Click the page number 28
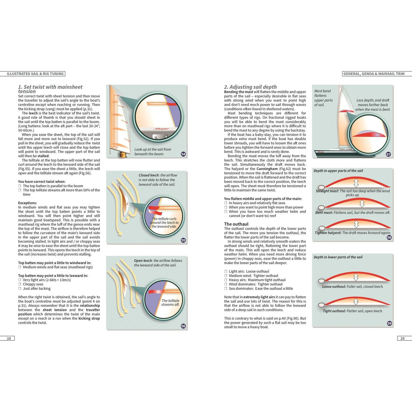coord(9,338)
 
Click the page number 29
coord(402,338)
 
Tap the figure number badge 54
coord(183,154)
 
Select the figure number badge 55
coord(183,240)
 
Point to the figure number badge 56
coord(183,326)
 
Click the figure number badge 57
coord(388,154)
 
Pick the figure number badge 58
coord(389,238)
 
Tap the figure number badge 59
coord(390,323)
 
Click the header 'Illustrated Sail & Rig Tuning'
coord(35,74)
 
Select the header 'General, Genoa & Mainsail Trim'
coord(374,74)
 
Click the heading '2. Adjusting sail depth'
coord(250,87)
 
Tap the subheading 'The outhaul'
coord(236,224)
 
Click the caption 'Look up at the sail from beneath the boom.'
coord(152,152)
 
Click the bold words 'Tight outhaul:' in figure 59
coord(334,311)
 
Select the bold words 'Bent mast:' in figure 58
coord(324,213)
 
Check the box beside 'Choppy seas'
coord(20,284)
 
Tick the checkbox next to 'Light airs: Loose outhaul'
coord(226,271)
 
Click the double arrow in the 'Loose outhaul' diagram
coord(356,277)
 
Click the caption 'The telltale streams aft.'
coord(170,302)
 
